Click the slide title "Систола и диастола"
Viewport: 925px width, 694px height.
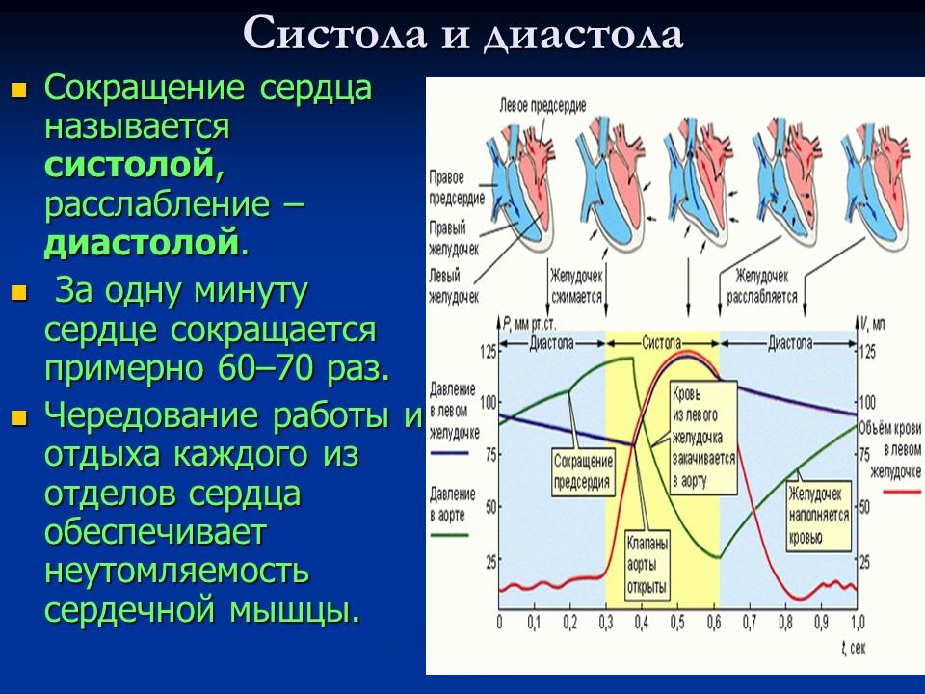462,35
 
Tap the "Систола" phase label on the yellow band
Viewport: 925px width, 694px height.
662,342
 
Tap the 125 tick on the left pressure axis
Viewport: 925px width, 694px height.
489,352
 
